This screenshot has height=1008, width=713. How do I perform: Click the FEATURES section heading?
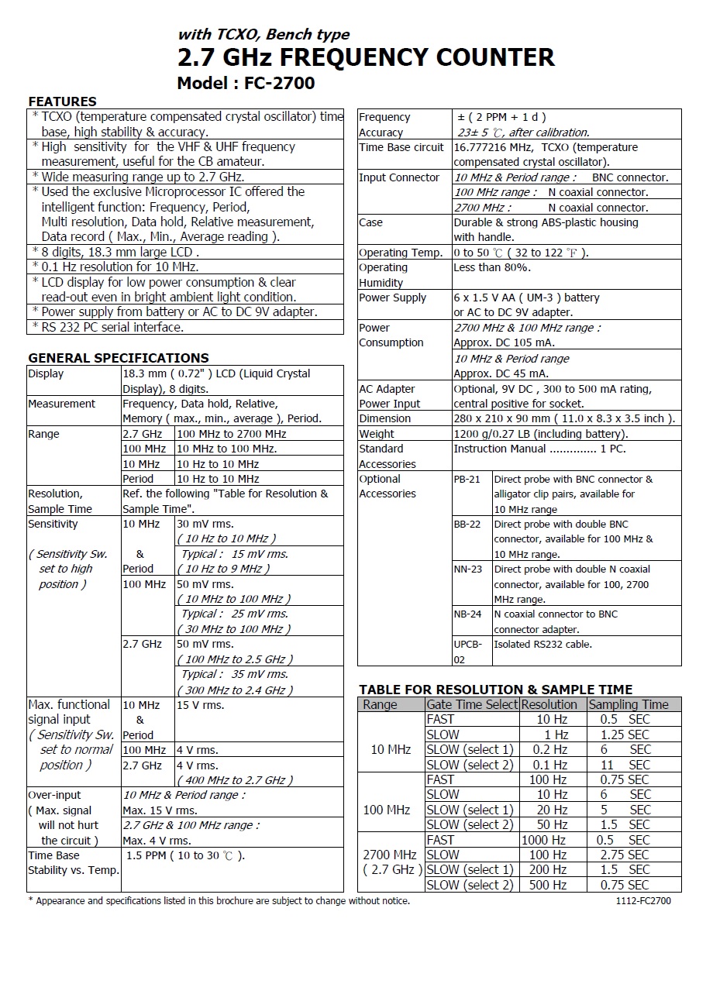62,101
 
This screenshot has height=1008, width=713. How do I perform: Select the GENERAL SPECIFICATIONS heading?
118,358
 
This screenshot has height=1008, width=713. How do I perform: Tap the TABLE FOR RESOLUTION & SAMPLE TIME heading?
495,690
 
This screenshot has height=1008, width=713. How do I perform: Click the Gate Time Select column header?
471,704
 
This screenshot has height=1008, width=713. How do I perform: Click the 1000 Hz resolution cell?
544,840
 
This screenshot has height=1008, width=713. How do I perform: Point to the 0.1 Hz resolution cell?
546,765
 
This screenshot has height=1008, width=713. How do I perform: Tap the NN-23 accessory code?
467,569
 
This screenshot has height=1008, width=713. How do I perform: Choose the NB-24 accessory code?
467,614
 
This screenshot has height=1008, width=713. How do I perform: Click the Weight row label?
377,434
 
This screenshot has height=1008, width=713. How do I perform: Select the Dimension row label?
384,418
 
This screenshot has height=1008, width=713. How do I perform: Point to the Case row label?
370,222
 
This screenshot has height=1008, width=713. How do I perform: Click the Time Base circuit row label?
401,147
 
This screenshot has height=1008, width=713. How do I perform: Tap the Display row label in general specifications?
46,373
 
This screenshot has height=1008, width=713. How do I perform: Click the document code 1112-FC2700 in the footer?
643,901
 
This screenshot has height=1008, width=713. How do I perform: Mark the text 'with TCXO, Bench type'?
263,34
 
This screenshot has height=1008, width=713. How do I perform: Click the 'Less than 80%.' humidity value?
492,267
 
